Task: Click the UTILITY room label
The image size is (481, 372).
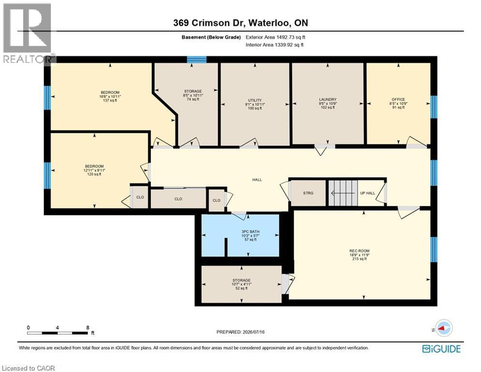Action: pyautogui.click(x=255, y=100)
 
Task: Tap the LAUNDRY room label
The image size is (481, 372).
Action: pyautogui.click(x=328, y=99)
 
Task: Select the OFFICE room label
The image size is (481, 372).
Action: pyautogui.click(x=398, y=99)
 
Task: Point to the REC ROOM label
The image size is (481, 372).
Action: pyautogui.click(x=360, y=251)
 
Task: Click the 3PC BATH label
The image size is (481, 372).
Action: pyautogui.click(x=250, y=232)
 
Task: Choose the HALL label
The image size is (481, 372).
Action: pyautogui.click(x=257, y=180)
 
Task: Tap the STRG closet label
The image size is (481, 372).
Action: pyautogui.click(x=308, y=193)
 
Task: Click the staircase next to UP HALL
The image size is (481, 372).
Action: pyautogui.click(x=343, y=193)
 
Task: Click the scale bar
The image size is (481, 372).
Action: pyautogui.click(x=58, y=333)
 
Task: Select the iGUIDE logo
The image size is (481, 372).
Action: pyautogui.click(x=441, y=349)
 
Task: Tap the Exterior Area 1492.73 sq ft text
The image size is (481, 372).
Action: pyautogui.click(x=276, y=37)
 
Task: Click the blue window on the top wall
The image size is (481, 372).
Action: pyautogui.click(x=197, y=60)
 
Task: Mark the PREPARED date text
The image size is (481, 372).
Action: pyautogui.click(x=241, y=332)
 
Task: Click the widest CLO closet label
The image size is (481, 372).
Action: pyautogui.click(x=178, y=199)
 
